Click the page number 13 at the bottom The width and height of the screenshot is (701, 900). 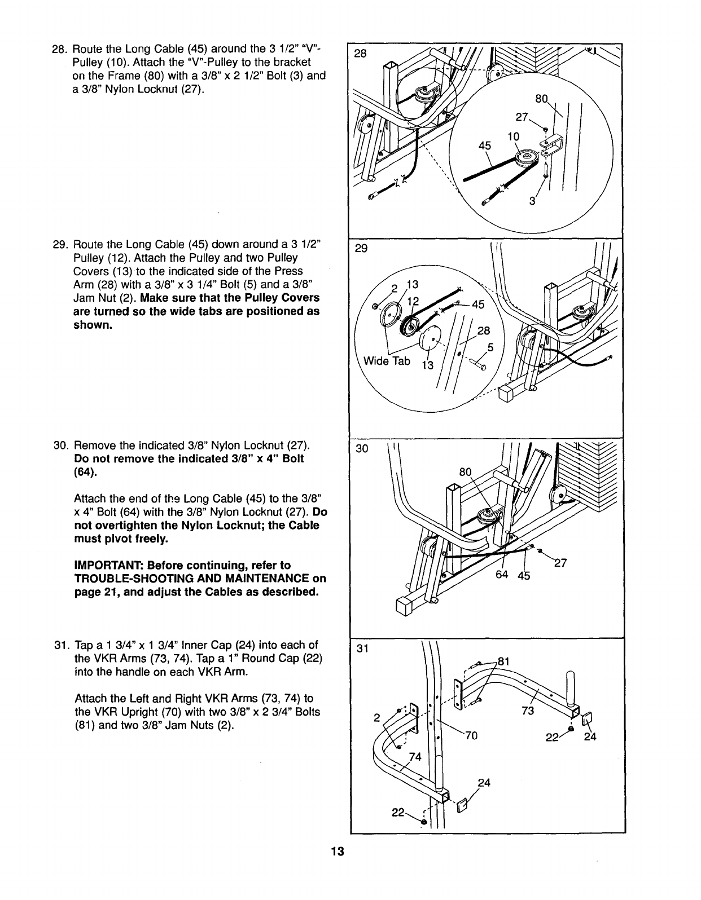[x=338, y=852]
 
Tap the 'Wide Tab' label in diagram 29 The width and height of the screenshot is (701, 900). [x=387, y=361]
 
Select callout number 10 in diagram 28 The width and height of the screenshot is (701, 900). [x=513, y=136]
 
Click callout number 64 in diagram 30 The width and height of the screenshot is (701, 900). [x=502, y=575]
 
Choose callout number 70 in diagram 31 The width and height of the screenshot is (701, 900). [x=471, y=735]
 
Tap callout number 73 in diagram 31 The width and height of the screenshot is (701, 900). [x=528, y=711]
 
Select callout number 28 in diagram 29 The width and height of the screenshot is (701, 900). [x=484, y=330]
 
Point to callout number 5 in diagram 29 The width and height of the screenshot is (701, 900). [x=490, y=348]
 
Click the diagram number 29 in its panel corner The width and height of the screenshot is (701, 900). [x=361, y=249]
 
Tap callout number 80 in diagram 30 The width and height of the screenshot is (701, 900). [x=465, y=471]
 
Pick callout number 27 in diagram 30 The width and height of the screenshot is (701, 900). [x=560, y=562]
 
